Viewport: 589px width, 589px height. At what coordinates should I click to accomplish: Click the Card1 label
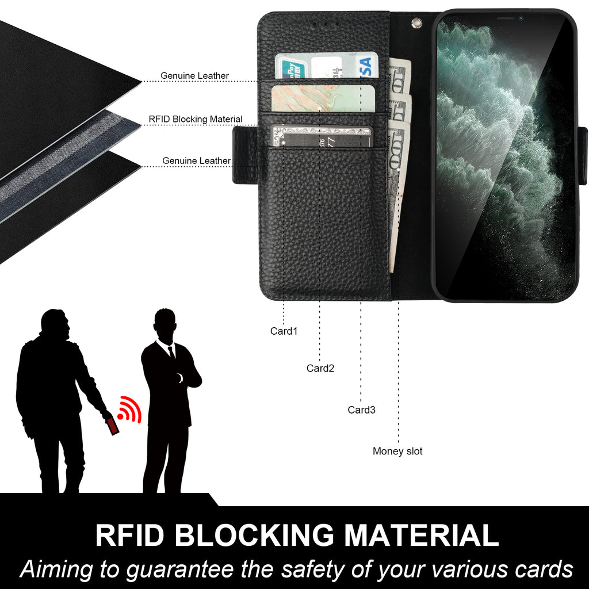point(284,331)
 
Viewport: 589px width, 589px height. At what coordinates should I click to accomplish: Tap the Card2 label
point(320,368)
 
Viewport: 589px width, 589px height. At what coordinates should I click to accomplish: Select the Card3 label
point(361,410)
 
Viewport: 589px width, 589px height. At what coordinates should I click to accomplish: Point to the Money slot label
point(397,451)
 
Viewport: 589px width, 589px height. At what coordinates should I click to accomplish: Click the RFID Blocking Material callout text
point(196,119)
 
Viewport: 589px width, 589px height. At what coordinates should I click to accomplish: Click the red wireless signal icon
point(129,410)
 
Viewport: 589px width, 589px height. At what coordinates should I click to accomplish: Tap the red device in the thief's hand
point(113,426)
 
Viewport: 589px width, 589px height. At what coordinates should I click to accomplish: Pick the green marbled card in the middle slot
point(323,98)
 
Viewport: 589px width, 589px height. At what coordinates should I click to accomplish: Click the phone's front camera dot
point(521,18)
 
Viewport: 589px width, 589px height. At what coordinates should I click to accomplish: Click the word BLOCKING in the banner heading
point(254,535)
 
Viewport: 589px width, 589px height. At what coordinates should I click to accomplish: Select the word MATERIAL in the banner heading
point(422,535)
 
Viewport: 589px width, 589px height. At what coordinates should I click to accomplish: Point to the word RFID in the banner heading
point(130,535)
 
